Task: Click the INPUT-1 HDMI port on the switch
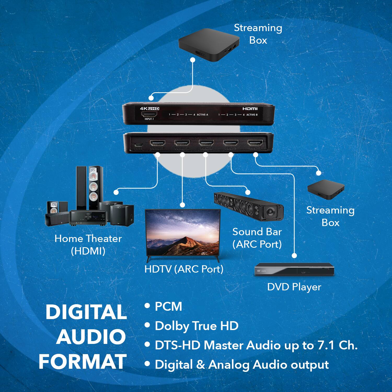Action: pyautogui.click(x=149, y=114)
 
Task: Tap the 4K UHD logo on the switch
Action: pyautogui.click(x=149, y=108)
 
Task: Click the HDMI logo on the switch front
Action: pyautogui.click(x=250, y=109)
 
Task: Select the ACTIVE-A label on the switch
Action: pyautogui.click(x=202, y=115)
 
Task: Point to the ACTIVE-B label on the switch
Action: pyautogui.click(x=252, y=115)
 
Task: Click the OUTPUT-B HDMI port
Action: pyautogui.click(x=157, y=143)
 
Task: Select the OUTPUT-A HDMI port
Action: pyautogui.click(x=182, y=143)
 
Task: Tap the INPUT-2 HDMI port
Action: pyautogui.click(x=255, y=143)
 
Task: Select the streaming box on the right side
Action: pyautogui.click(x=326, y=189)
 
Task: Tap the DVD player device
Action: pyautogui.click(x=294, y=269)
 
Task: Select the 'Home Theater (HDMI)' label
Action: pyautogui.click(x=88, y=245)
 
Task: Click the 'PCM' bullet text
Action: pyautogui.click(x=168, y=307)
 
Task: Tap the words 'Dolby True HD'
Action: pyautogui.click(x=196, y=326)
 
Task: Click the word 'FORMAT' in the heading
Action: pyautogui.click(x=83, y=362)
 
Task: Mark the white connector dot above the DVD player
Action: pyautogui.click(x=294, y=255)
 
